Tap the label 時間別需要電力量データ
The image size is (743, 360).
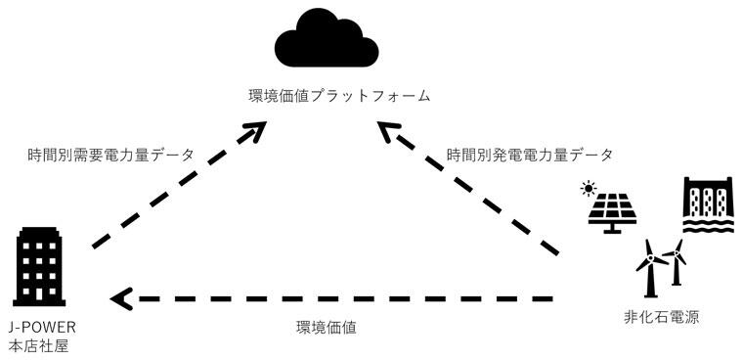coord(109,155)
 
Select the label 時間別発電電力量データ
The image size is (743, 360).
coord(530,155)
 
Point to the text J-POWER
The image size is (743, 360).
coord(40,326)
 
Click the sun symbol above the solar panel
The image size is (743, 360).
coord(589,187)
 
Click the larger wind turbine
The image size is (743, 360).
coord(647,265)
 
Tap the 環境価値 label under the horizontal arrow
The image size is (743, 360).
coord(327,329)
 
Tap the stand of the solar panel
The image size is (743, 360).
coord(614,229)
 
